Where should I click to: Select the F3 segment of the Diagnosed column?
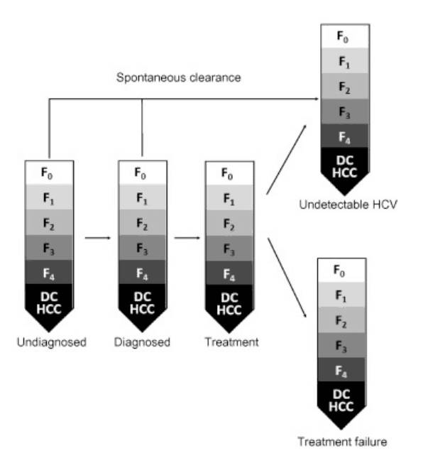point(142,249)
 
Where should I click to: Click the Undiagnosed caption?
point(50,342)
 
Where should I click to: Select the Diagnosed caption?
point(142,342)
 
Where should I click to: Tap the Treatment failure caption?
point(342,442)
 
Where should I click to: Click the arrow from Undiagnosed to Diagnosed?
point(97,239)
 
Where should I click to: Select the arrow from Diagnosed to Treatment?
point(186,239)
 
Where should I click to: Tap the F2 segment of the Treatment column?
point(229,224)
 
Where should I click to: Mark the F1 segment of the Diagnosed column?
point(142,198)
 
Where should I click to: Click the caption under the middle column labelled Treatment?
point(231,342)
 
